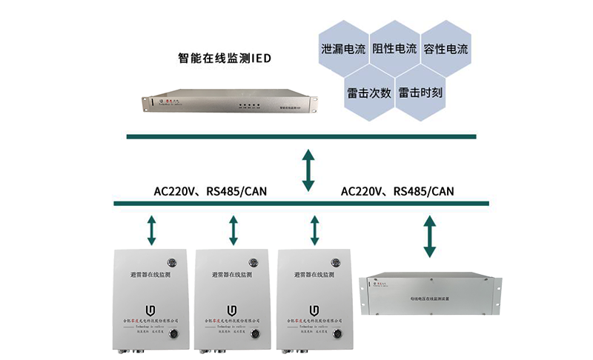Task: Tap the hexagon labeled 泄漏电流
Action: [344, 50]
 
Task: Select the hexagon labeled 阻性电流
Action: [394, 50]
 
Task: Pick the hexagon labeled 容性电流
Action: [445, 50]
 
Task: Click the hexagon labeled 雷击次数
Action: [368, 93]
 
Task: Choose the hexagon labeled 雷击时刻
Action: [420, 93]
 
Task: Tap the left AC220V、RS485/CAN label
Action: [210, 191]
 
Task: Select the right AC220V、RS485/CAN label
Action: [397, 191]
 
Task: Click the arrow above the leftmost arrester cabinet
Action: [152, 230]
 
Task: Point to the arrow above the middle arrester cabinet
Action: [233, 230]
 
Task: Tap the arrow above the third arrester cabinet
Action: [315, 230]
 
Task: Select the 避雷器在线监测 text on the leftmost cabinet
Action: [150, 274]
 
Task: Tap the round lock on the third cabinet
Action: [333, 261]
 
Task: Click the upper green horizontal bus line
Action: [300, 136]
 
